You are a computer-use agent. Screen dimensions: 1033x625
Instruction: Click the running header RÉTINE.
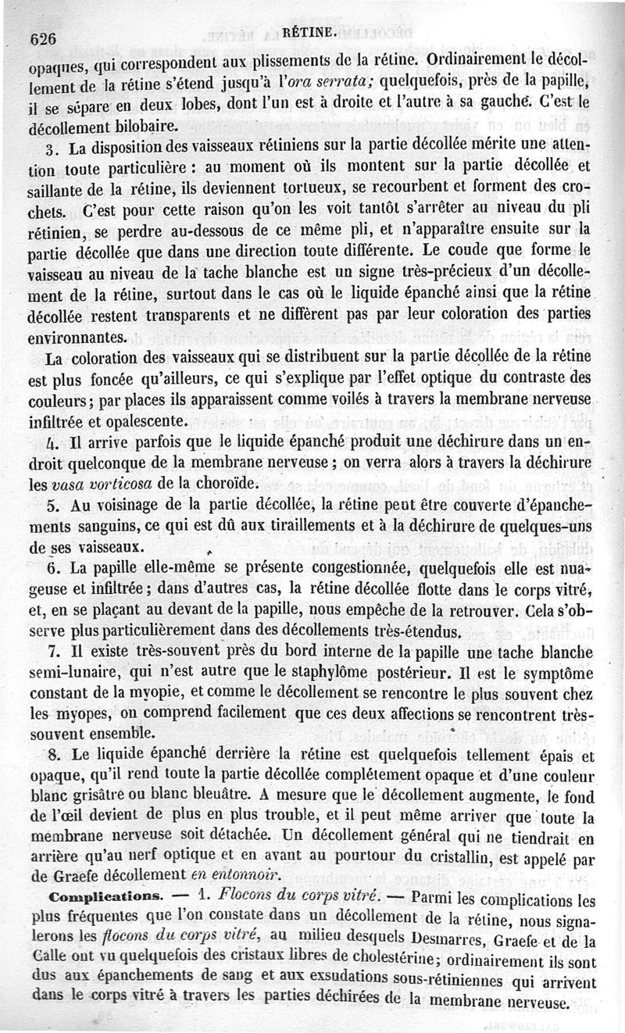310,32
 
